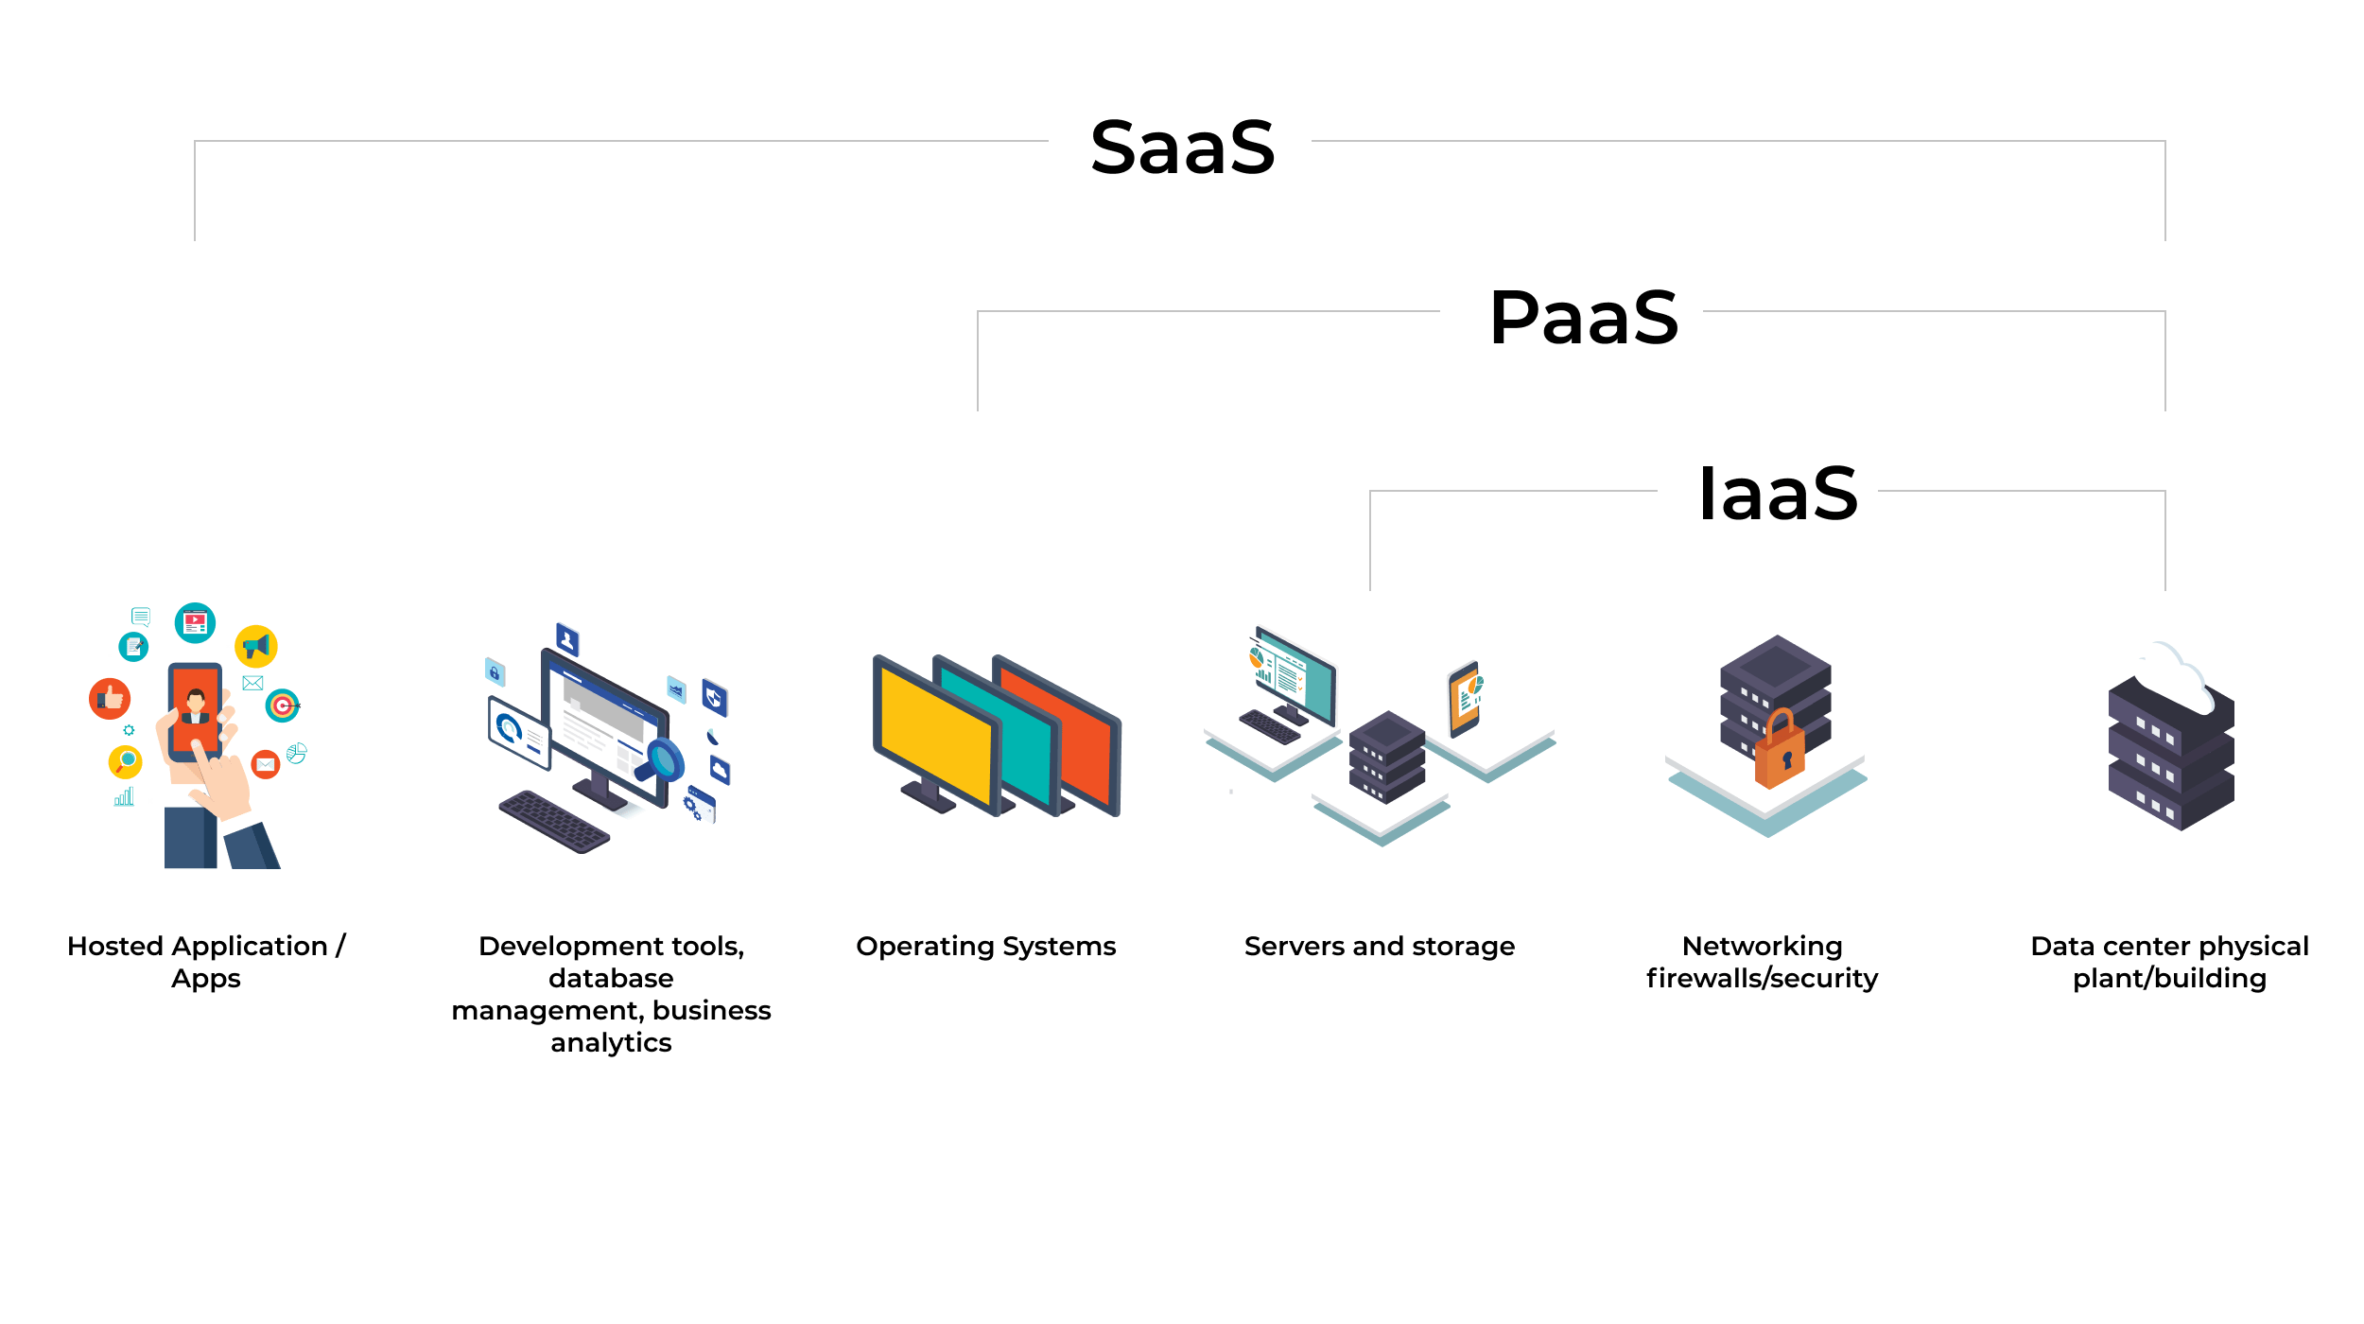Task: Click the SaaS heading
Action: (1182, 148)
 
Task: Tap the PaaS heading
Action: (1584, 318)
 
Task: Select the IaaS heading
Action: (1778, 494)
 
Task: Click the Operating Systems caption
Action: (985, 947)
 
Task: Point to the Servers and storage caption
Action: (1379, 947)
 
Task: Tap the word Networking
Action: (1762, 947)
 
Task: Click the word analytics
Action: (611, 1043)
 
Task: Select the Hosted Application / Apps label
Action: (206, 962)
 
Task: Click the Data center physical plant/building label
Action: (2169, 962)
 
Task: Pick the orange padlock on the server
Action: (1780, 752)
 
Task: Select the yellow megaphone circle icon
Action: (255, 647)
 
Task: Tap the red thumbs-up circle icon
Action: (110, 699)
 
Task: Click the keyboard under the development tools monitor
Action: (554, 821)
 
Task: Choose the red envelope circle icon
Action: (266, 764)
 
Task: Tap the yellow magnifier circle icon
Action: (125, 761)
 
